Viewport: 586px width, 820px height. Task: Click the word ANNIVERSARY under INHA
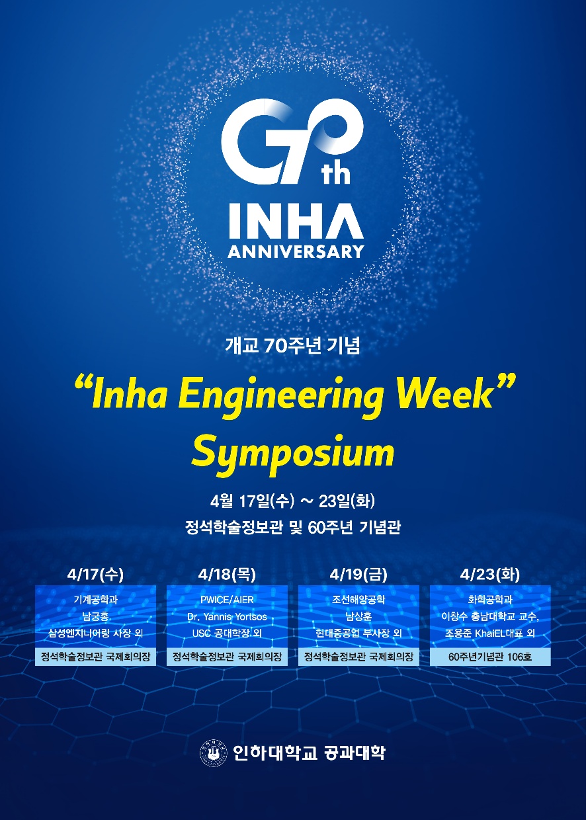(x=296, y=251)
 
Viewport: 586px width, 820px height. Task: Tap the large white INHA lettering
(x=296, y=220)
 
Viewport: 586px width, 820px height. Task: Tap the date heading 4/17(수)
(x=95, y=575)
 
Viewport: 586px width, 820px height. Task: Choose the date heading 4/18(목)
(x=227, y=575)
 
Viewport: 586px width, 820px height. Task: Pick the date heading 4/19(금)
(x=358, y=575)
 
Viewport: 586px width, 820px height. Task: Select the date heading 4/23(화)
(x=490, y=575)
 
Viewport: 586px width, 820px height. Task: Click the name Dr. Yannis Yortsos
(x=227, y=617)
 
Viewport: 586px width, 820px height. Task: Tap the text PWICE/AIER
(x=227, y=600)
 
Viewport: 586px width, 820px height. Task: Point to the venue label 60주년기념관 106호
(x=490, y=657)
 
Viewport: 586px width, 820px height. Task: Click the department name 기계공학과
(x=95, y=600)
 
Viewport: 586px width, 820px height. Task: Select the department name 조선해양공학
(x=358, y=600)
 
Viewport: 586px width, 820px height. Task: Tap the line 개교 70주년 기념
(x=293, y=346)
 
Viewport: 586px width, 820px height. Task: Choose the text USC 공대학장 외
(x=227, y=634)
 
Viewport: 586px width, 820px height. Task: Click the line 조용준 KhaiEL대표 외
(x=490, y=634)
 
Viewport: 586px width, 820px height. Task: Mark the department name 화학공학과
(x=490, y=600)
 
